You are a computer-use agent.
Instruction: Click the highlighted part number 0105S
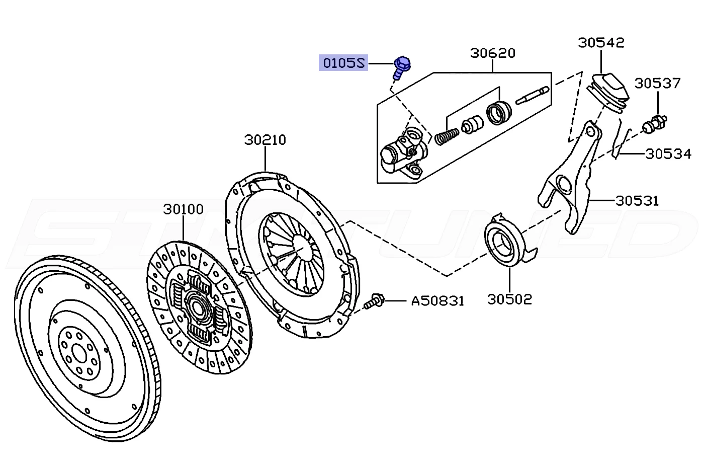[x=343, y=63]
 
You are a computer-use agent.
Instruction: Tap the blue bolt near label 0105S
[x=401, y=67]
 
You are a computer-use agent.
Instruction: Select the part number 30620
[x=493, y=53]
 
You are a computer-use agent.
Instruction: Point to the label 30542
[x=601, y=43]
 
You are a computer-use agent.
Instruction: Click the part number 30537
[x=657, y=84]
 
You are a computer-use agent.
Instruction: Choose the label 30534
[x=668, y=154]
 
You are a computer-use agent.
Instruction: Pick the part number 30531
[x=637, y=201]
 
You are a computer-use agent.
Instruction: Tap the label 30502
[x=509, y=299]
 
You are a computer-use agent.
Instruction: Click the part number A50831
[x=437, y=301]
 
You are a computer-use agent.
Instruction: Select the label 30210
[x=266, y=140]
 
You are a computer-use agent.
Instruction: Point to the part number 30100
[x=183, y=209]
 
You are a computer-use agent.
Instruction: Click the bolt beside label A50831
[x=374, y=301]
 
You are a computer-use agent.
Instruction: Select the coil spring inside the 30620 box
[x=447, y=136]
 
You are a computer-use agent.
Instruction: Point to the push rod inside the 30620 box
[x=532, y=95]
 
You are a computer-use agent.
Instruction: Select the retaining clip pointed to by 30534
[x=621, y=144]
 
